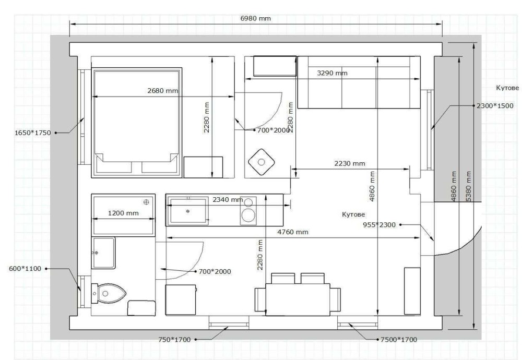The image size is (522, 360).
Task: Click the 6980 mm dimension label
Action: (255, 18)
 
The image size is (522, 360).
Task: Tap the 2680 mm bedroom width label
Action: (163, 90)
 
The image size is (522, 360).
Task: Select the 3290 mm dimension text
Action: (332, 73)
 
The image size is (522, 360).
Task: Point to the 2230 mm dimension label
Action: (350, 163)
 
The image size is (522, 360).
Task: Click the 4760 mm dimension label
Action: (293, 232)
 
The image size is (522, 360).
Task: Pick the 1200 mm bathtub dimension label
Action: (123, 213)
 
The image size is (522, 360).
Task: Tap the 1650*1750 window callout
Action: (32, 133)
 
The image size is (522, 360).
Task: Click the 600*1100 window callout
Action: (25, 269)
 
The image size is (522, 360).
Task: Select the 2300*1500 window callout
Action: (495, 106)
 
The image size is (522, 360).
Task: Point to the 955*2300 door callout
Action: (379, 224)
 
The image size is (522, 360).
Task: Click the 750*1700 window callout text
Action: (174, 340)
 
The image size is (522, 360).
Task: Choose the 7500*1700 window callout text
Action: (398, 340)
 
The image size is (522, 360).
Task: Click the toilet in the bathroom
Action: (109, 293)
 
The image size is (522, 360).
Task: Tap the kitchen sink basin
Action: (188, 211)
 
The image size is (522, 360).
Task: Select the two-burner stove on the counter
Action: (248, 209)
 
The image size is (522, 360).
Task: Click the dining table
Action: (298, 299)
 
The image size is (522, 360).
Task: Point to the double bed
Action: (136, 123)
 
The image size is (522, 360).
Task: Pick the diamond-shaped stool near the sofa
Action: (262, 162)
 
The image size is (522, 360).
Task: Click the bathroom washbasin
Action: (103, 253)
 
